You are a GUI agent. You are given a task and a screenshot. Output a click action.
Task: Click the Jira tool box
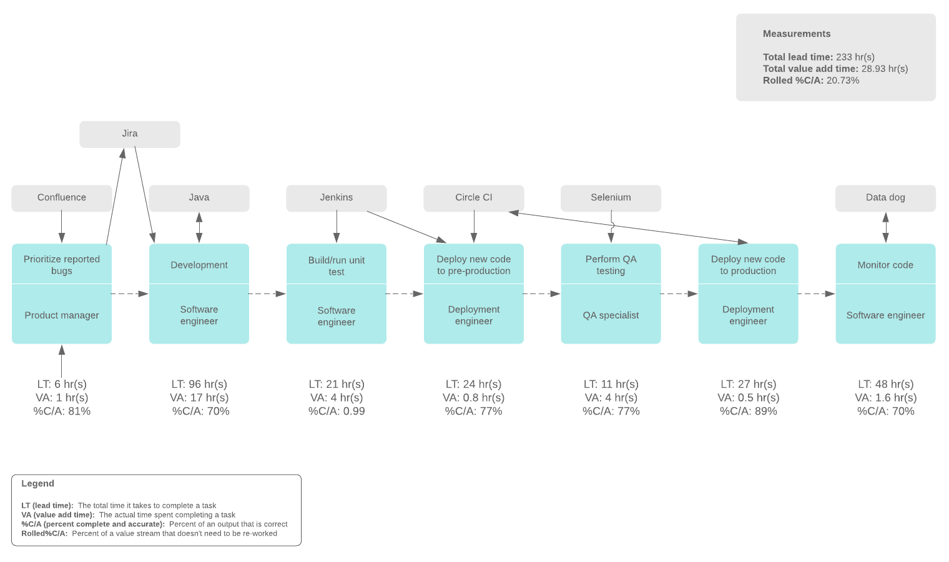pyautogui.click(x=130, y=134)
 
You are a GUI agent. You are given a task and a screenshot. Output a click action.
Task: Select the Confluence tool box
pyautogui.click(x=62, y=197)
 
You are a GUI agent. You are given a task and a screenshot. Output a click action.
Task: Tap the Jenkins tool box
pyautogui.click(x=337, y=197)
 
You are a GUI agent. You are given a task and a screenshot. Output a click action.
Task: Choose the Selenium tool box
pyautogui.click(x=611, y=197)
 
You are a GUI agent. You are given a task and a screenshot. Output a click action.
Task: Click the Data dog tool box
pyautogui.click(x=885, y=197)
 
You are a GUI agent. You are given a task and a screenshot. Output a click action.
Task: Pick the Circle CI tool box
pyautogui.click(x=474, y=197)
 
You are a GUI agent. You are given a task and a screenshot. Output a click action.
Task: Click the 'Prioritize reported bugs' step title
pyautogui.click(x=62, y=265)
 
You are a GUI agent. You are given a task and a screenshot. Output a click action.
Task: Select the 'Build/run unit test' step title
pyautogui.click(x=337, y=265)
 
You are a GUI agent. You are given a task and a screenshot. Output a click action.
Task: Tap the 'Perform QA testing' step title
pyautogui.click(x=611, y=265)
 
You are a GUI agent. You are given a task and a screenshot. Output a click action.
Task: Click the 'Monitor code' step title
pyautogui.click(x=885, y=265)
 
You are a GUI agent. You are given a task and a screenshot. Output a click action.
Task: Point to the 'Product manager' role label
pyautogui.click(x=62, y=315)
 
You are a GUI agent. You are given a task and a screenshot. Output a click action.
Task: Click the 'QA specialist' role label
pyautogui.click(x=611, y=315)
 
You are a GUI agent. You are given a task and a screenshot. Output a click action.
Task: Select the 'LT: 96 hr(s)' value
pyautogui.click(x=199, y=384)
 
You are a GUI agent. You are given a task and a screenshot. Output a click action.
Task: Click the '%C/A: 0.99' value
pyautogui.click(x=337, y=411)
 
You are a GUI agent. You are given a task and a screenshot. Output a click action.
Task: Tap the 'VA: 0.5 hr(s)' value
pyautogui.click(x=748, y=398)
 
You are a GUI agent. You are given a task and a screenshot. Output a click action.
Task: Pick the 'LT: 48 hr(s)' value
pyautogui.click(x=885, y=384)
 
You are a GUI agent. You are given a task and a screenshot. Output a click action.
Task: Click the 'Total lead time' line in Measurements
pyautogui.click(x=819, y=57)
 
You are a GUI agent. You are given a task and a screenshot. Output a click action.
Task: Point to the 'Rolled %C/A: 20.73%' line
pyautogui.click(x=810, y=81)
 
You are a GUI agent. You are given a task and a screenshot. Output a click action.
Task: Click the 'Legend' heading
pyautogui.click(x=38, y=484)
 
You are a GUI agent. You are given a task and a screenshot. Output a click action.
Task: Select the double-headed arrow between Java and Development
pyautogui.click(x=199, y=227)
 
